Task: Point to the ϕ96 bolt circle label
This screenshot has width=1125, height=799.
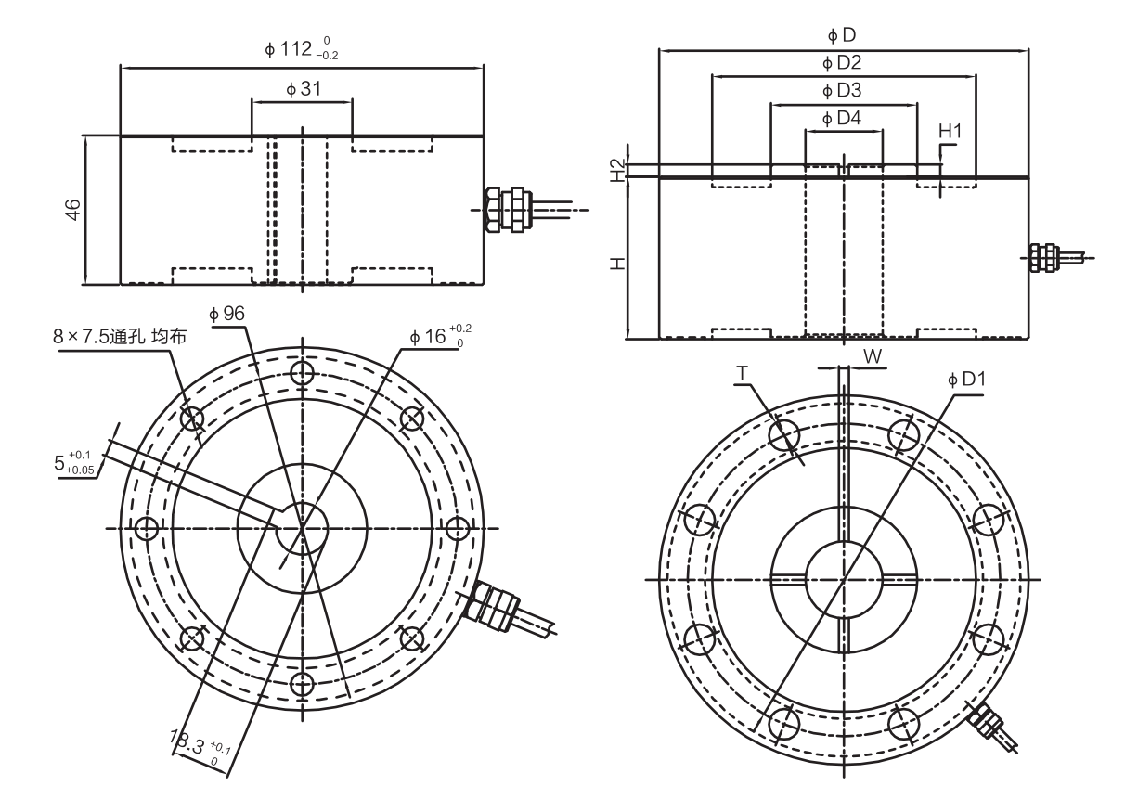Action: point(226,315)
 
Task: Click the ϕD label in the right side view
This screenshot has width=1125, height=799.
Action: point(841,35)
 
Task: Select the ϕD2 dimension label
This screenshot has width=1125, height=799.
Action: point(842,63)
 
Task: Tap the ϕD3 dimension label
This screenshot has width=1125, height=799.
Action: point(842,91)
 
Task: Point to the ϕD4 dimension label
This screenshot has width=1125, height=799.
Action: point(842,119)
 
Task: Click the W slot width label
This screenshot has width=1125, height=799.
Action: point(872,355)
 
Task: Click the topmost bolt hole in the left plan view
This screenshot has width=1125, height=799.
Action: point(301,373)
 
